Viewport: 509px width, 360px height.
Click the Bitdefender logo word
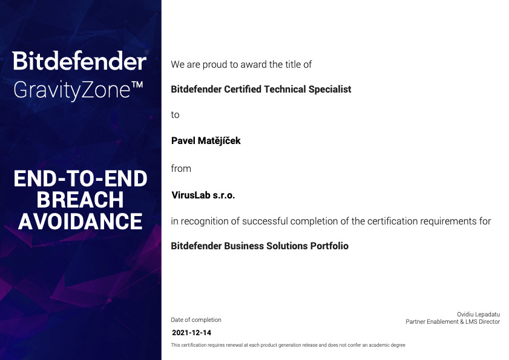coord(79,61)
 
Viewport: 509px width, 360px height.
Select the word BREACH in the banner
coord(80,200)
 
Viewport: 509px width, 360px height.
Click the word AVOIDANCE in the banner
coord(80,221)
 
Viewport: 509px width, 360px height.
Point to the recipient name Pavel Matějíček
coord(206,140)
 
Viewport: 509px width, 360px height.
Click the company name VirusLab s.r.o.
coord(203,195)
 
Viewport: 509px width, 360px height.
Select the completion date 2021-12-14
coord(191,333)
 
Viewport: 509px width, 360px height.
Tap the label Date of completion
coord(195,319)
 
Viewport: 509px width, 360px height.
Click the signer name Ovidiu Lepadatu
coord(478,314)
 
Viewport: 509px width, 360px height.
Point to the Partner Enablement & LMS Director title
coord(453,322)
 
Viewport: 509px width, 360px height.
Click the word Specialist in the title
coord(330,90)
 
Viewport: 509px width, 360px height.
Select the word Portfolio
coord(329,246)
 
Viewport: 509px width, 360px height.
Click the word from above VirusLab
coord(181,168)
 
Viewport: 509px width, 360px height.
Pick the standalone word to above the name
coord(175,115)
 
